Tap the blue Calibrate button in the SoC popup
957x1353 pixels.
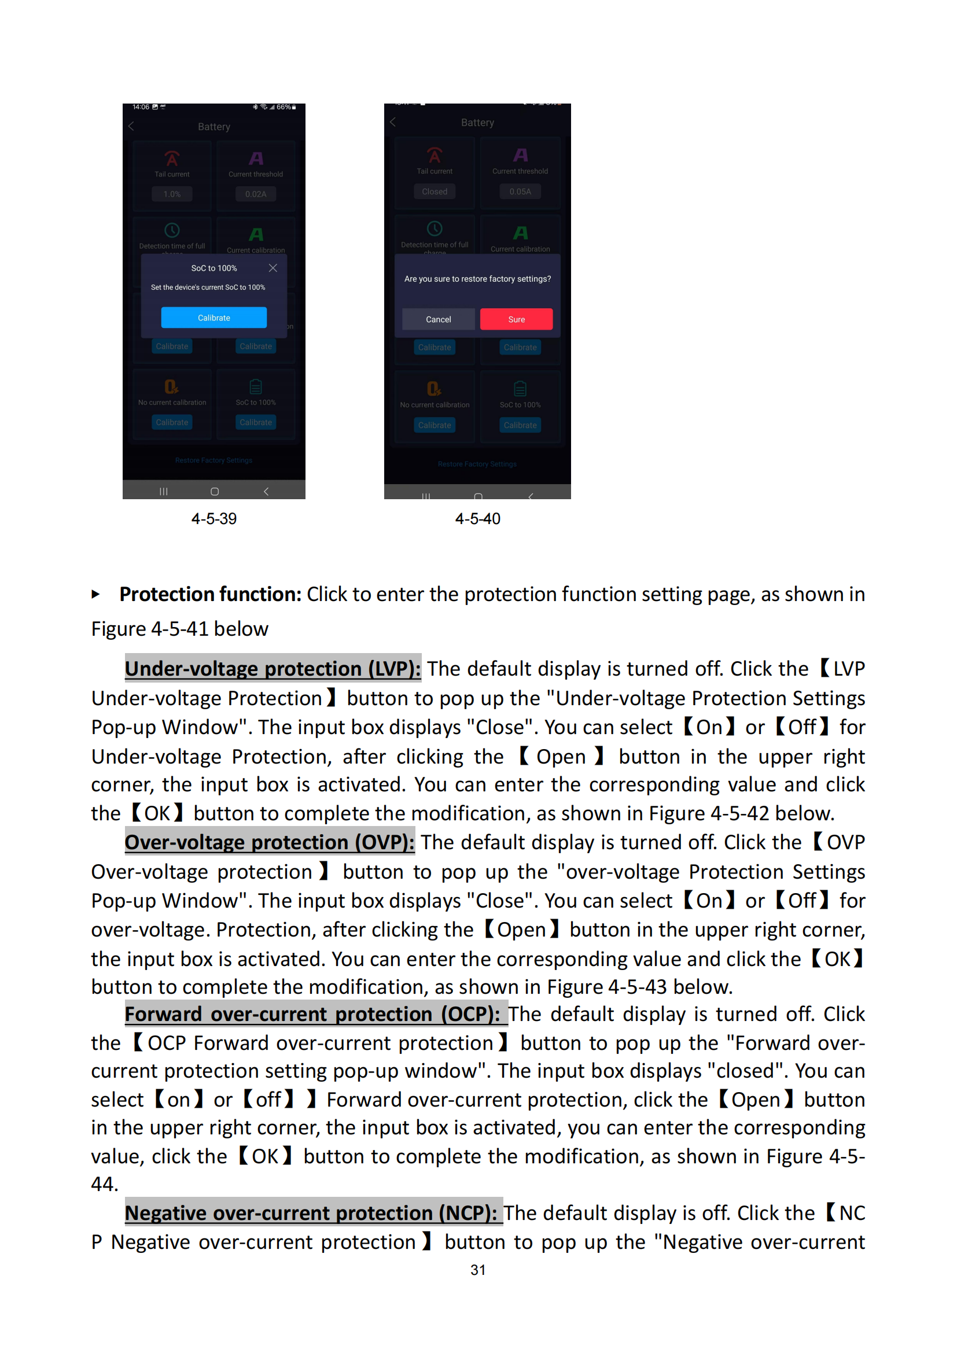[214, 318]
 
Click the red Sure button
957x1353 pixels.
[516, 319]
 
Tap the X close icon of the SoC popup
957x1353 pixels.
[273, 268]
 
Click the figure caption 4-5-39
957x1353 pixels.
[214, 518]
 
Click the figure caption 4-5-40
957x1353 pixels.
[477, 518]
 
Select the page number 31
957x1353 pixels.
[478, 1270]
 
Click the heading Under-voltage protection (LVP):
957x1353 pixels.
[273, 669]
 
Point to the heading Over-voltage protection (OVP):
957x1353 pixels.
[269, 842]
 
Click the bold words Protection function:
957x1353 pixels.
[211, 594]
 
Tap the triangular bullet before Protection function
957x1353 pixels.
[96, 595]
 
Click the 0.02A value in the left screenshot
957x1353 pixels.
[256, 194]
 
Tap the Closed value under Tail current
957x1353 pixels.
[435, 191]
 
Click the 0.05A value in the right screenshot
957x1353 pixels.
[520, 191]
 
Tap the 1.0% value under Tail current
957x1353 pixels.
[172, 194]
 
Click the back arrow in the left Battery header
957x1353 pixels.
[131, 126]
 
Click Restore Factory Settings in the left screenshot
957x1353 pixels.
[214, 460]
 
